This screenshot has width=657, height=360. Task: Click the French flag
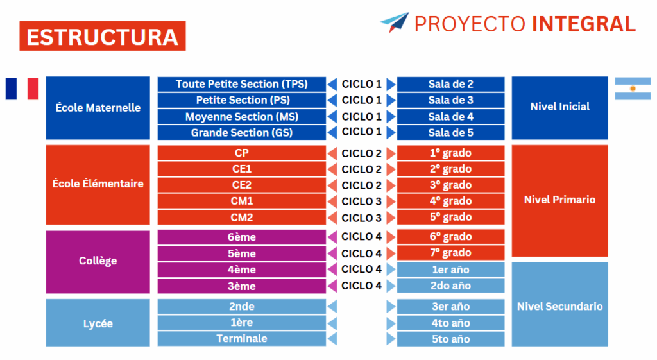(x=22, y=89)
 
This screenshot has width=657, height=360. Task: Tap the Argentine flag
(x=633, y=89)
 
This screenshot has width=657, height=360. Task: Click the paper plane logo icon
(x=395, y=22)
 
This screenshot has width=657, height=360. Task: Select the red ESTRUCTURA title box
(x=103, y=36)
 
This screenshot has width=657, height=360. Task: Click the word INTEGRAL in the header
(x=584, y=24)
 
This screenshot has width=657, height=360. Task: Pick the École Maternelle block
(x=98, y=108)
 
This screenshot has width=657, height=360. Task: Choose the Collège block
(x=98, y=262)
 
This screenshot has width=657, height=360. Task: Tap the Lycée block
(x=98, y=323)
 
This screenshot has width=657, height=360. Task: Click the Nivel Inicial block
(x=559, y=108)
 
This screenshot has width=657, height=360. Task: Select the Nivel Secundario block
(x=559, y=304)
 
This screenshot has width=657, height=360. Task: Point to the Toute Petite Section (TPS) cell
(x=242, y=84)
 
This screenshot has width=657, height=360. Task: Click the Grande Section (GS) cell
(x=242, y=133)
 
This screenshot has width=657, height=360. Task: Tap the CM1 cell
(x=242, y=201)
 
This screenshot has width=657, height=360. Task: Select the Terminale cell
(x=242, y=339)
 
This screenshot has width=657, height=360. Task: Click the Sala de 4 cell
(x=451, y=117)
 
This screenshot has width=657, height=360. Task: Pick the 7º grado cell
(x=451, y=253)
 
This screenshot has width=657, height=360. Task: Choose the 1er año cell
(x=451, y=270)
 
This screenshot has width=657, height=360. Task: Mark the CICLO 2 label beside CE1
(x=362, y=169)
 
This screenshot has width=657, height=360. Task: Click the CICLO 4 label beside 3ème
(x=362, y=286)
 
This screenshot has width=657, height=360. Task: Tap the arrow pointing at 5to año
(x=391, y=339)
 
